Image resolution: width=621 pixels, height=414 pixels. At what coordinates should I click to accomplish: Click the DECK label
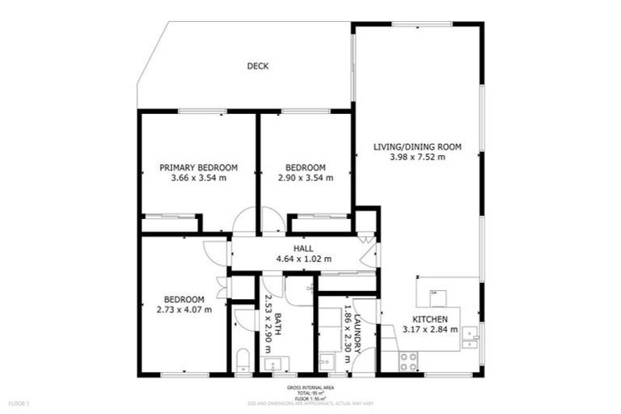tap(258, 66)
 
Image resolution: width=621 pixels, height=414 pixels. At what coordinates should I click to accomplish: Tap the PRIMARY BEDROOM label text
tap(198, 167)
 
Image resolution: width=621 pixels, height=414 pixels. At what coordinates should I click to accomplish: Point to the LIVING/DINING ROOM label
tap(417, 146)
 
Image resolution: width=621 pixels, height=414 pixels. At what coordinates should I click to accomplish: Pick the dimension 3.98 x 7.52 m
tap(417, 158)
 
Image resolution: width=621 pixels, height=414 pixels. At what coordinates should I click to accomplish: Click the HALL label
tap(304, 248)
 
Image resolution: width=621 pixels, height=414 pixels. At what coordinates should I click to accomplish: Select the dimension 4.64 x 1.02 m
tap(304, 259)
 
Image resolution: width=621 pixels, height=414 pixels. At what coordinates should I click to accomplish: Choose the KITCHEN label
tap(430, 319)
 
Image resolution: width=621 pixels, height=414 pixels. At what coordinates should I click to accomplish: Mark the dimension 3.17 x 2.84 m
tap(430, 329)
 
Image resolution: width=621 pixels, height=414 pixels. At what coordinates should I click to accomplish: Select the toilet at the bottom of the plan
tap(243, 361)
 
